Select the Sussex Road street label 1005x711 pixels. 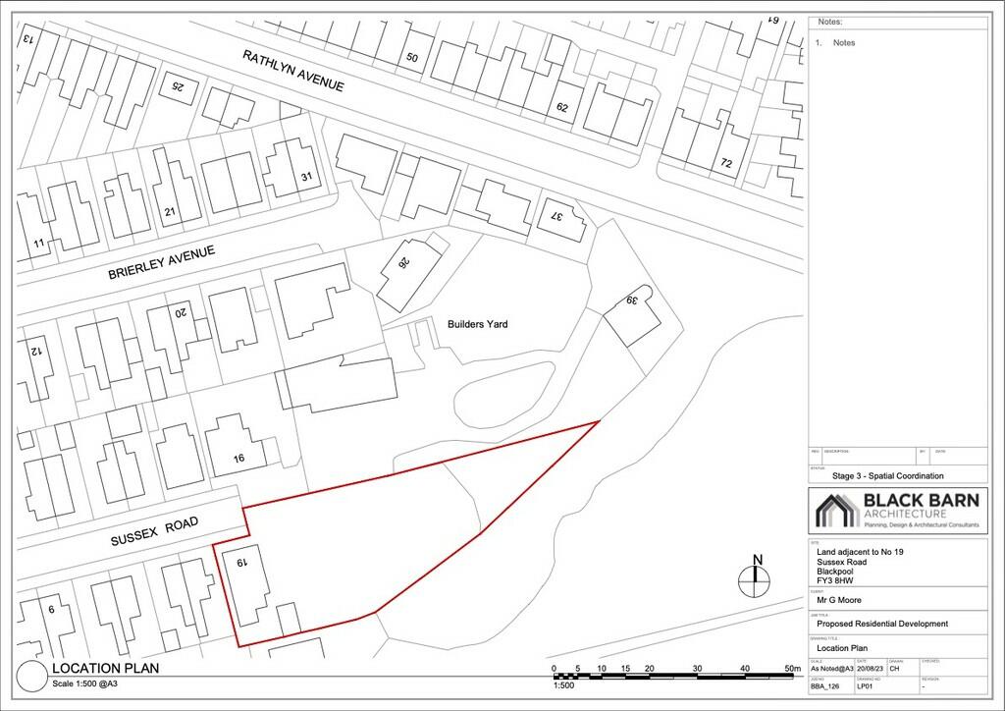[x=154, y=529]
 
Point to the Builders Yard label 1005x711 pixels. [x=476, y=323]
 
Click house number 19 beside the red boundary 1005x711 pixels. [x=239, y=564]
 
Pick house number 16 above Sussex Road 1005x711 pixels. [x=238, y=459]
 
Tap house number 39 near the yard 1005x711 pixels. [x=633, y=300]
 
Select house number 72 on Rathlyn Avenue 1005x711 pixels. [x=726, y=162]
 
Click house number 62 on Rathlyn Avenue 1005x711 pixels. [x=562, y=107]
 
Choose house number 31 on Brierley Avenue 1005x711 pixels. [x=305, y=177]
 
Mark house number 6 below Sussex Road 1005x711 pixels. [x=50, y=609]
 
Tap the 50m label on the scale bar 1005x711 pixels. [x=792, y=669]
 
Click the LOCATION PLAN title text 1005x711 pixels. [x=106, y=669]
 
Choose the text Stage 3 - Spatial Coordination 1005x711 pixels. [x=887, y=475]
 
